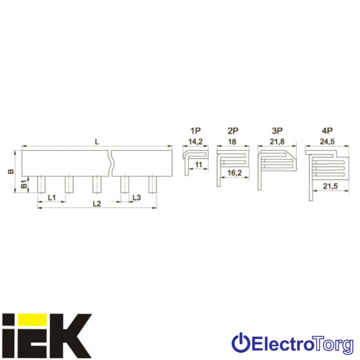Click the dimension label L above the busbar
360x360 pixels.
point(97,142)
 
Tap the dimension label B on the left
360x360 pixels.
point(11,171)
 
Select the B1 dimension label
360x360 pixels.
point(24,184)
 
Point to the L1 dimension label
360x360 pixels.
point(52,197)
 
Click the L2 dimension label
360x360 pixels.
point(96,204)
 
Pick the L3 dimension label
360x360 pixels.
point(136,197)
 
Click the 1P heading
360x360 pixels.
point(195,131)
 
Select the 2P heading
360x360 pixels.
point(233,131)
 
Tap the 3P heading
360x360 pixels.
point(277,131)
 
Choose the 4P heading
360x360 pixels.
point(327,131)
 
